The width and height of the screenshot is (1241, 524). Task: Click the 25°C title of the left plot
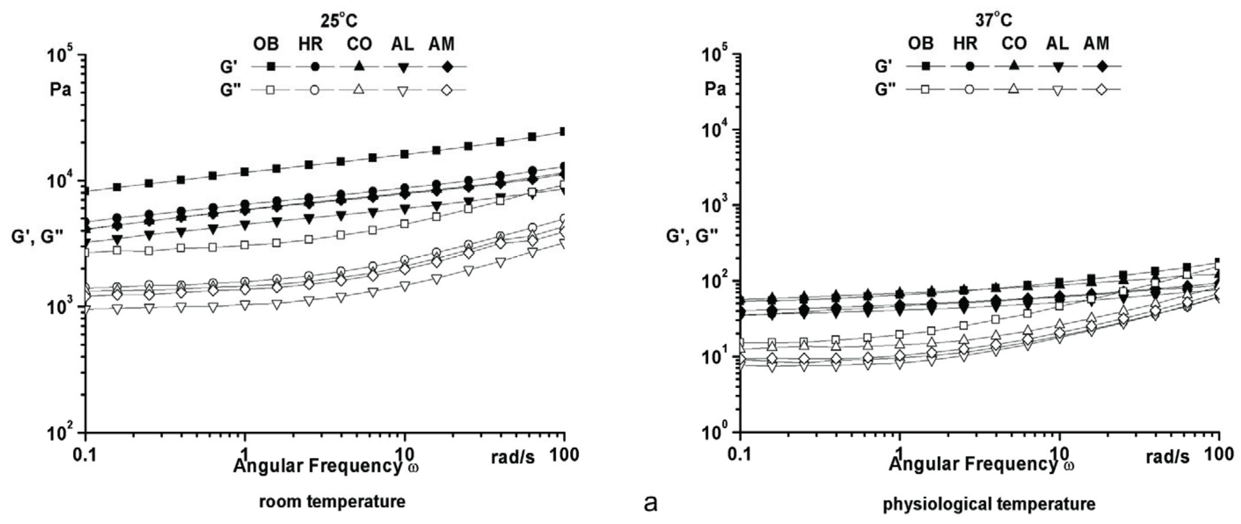pos(340,22)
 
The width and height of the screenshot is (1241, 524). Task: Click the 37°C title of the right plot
pos(995,21)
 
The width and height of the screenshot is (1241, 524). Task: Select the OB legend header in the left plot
pos(266,44)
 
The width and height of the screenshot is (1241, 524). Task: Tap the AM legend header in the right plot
pos(1097,44)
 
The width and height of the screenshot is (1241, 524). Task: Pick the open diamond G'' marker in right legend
pos(1102,90)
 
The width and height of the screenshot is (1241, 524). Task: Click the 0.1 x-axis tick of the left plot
pos(85,455)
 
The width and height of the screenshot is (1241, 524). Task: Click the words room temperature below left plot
pos(332,502)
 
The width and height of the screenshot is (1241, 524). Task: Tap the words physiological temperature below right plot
pos(989,504)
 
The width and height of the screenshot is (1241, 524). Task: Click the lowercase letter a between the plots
pos(650,504)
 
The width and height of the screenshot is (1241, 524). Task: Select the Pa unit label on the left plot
pos(60,90)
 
